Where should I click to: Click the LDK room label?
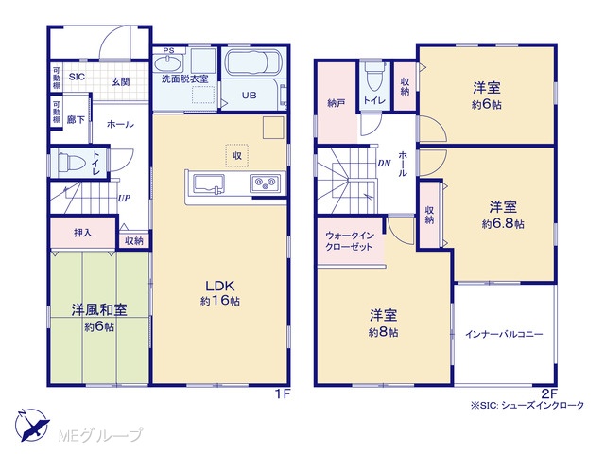(219, 286)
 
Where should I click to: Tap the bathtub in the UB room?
(253, 62)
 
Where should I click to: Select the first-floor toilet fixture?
(72, 162)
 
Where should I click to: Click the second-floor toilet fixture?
(374, 76)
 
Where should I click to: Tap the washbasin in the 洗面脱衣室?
(169, 63)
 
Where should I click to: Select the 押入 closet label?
(83, 233)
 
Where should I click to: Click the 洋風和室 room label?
(99, 309)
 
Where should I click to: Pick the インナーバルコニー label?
(504, 334)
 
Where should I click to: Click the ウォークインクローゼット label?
(350, 241)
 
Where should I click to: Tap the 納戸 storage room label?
(336, 103)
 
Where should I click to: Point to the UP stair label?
(124, 199)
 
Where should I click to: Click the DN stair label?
(385, 164)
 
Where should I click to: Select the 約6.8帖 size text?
(503, 224)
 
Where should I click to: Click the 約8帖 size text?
(383, 332)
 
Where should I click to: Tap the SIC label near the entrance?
(77, 77)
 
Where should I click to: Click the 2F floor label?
(549, 394)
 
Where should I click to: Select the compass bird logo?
(32, 425)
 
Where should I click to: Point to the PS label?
(168, 50)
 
